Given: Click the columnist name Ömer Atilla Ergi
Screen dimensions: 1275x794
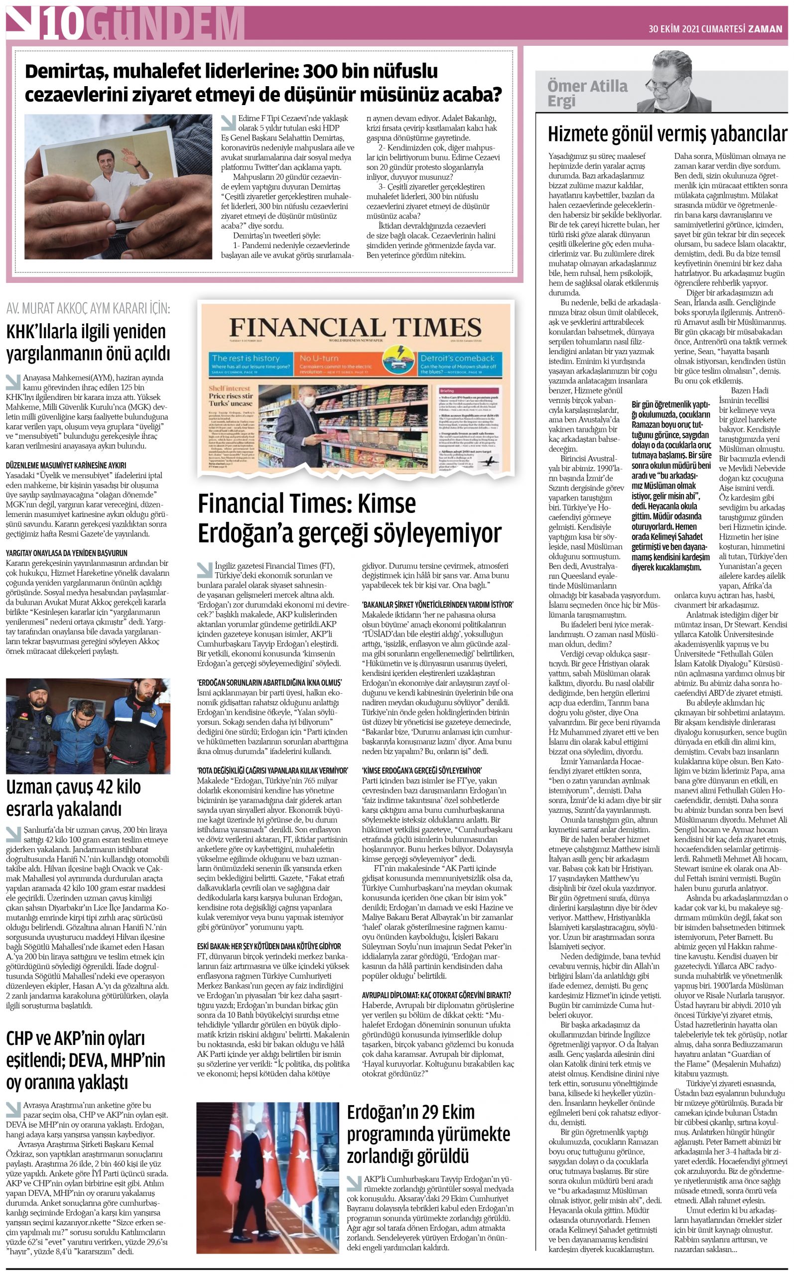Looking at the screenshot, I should [587, 93].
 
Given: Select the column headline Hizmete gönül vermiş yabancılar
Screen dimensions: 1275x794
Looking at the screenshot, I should [667, 134].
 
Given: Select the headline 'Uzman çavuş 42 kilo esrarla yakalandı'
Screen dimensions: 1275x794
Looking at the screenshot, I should [74, 798].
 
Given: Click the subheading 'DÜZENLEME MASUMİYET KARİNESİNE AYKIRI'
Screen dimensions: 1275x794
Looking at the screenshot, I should [66, 465].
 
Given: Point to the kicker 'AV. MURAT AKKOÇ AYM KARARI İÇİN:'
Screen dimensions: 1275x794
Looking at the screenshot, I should [88, 308].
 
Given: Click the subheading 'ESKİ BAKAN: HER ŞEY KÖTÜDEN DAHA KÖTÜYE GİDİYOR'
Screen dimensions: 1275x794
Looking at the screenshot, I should [269, 946].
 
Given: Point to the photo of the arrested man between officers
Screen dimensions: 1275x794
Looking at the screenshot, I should [88, 726].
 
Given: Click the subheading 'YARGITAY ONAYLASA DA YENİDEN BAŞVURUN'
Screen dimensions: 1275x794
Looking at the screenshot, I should [66, 553].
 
